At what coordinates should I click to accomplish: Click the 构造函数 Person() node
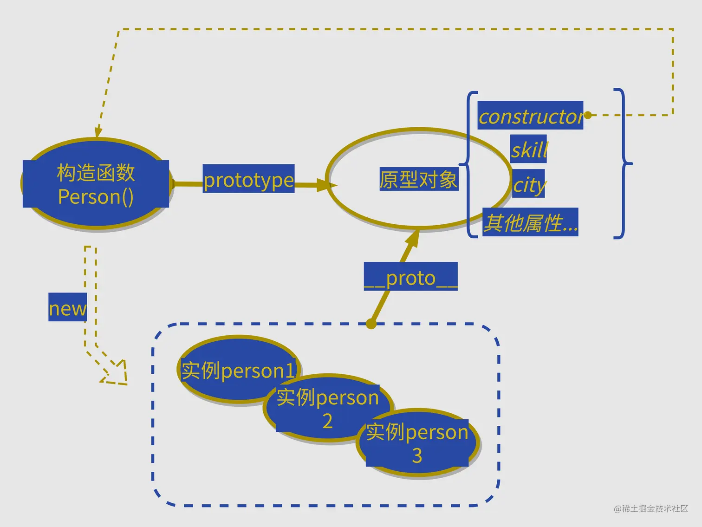point(96,184)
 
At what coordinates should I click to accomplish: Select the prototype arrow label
point(249,179)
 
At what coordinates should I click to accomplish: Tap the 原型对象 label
point(419,179)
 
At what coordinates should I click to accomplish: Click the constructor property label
point(530,116)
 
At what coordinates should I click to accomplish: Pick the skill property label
point(528,149)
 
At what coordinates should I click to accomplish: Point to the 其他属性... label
point(530,222)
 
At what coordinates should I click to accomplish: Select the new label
point(68,307)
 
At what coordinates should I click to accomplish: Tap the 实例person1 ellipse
point(238,370)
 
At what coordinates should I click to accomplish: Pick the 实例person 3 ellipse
point(417,443)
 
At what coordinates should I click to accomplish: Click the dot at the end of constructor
point(588,115)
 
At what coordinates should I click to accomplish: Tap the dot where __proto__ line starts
point(371,324)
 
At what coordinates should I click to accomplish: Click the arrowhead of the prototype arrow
point(326,185)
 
